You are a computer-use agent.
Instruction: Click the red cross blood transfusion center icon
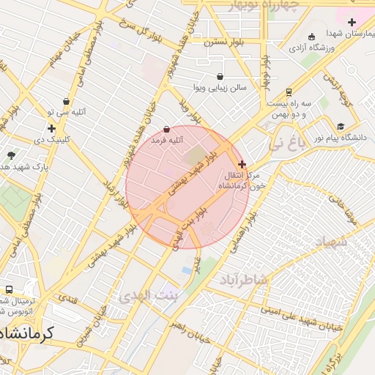coord(242,165)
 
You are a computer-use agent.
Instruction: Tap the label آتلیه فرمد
coord(166,139)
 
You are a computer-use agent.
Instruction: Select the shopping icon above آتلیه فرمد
coord(166,129)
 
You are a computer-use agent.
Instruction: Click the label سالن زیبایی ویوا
coord(220,87)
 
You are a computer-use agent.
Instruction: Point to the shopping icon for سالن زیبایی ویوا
coord(220,76)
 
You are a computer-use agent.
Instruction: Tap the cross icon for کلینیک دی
coord(51,128)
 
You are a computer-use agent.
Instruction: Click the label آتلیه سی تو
coord(67,112)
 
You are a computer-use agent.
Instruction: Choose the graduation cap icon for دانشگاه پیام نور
coord(341,126)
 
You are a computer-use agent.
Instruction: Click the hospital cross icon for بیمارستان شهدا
coord(352,23)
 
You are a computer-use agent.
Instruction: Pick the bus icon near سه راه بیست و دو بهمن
coord(289,92)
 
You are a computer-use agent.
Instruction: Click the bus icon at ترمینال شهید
coord(10,290)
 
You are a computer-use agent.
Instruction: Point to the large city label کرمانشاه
coord(29,334)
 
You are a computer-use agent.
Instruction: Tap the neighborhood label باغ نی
coord(285,144)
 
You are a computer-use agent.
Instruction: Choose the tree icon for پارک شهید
coord(11,155)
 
